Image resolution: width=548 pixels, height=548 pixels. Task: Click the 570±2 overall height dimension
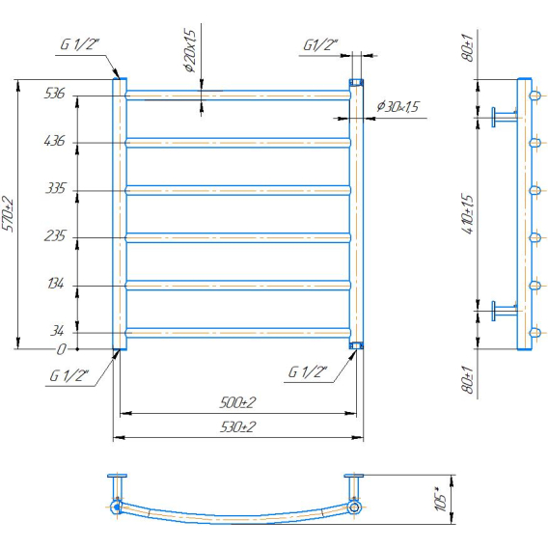coord(8,214)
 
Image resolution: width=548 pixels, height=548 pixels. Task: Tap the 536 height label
coord(55,94)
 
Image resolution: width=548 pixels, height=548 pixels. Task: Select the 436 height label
coord(55,141)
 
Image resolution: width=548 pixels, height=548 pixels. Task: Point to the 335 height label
coord(56,188)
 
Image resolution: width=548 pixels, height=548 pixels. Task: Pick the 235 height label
coord(55,236)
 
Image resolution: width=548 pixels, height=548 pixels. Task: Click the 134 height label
coord(56,284)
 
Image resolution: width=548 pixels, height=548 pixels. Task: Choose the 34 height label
coord(57,331)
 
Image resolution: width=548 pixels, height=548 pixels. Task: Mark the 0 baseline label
coord(61,349)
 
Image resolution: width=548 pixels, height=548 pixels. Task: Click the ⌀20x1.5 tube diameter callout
coord(190,51)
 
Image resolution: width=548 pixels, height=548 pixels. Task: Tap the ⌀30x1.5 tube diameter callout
coord(397,106)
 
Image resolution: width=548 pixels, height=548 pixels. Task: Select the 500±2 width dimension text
coord(237,402)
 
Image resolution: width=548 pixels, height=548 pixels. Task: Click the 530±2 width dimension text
coord(237,426)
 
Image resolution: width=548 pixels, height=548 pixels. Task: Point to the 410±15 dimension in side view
coord(468,214)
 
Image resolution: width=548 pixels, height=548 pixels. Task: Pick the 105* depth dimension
coord(442,499)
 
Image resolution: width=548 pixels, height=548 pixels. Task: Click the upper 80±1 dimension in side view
coord(468,48)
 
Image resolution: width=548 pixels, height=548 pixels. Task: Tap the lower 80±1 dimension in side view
coord(468,380)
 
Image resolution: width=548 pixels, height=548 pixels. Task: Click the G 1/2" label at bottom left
coord(69,375)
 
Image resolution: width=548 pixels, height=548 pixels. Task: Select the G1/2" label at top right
coord(320,45)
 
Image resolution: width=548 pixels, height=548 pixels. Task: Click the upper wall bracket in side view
coord(505,117)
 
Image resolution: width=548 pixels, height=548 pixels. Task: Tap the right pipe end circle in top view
coord(354,507)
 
